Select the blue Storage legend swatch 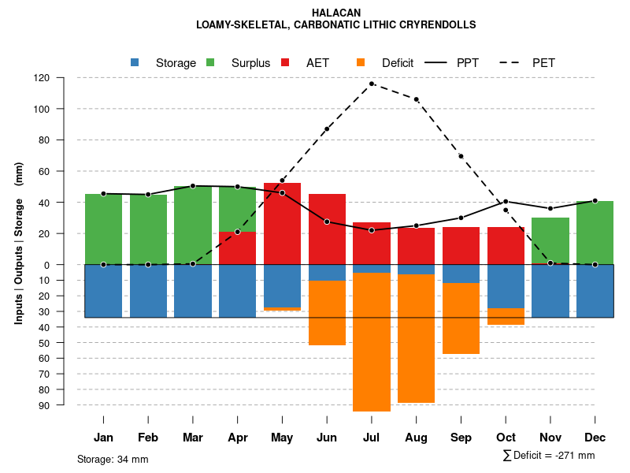coord(135,62)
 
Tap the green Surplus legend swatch coord(210,62)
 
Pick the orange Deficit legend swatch coord(361,62)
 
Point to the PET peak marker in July coord(372,84)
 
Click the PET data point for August coord(417,99)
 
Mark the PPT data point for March coord(193,186)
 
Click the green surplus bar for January coord(103,229)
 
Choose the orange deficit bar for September coord(461,318)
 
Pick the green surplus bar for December coord(595,233)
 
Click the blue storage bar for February coord(148,291)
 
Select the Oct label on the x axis coord(506,438)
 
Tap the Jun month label coord(327,438)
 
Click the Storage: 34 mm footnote coord(113,459)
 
